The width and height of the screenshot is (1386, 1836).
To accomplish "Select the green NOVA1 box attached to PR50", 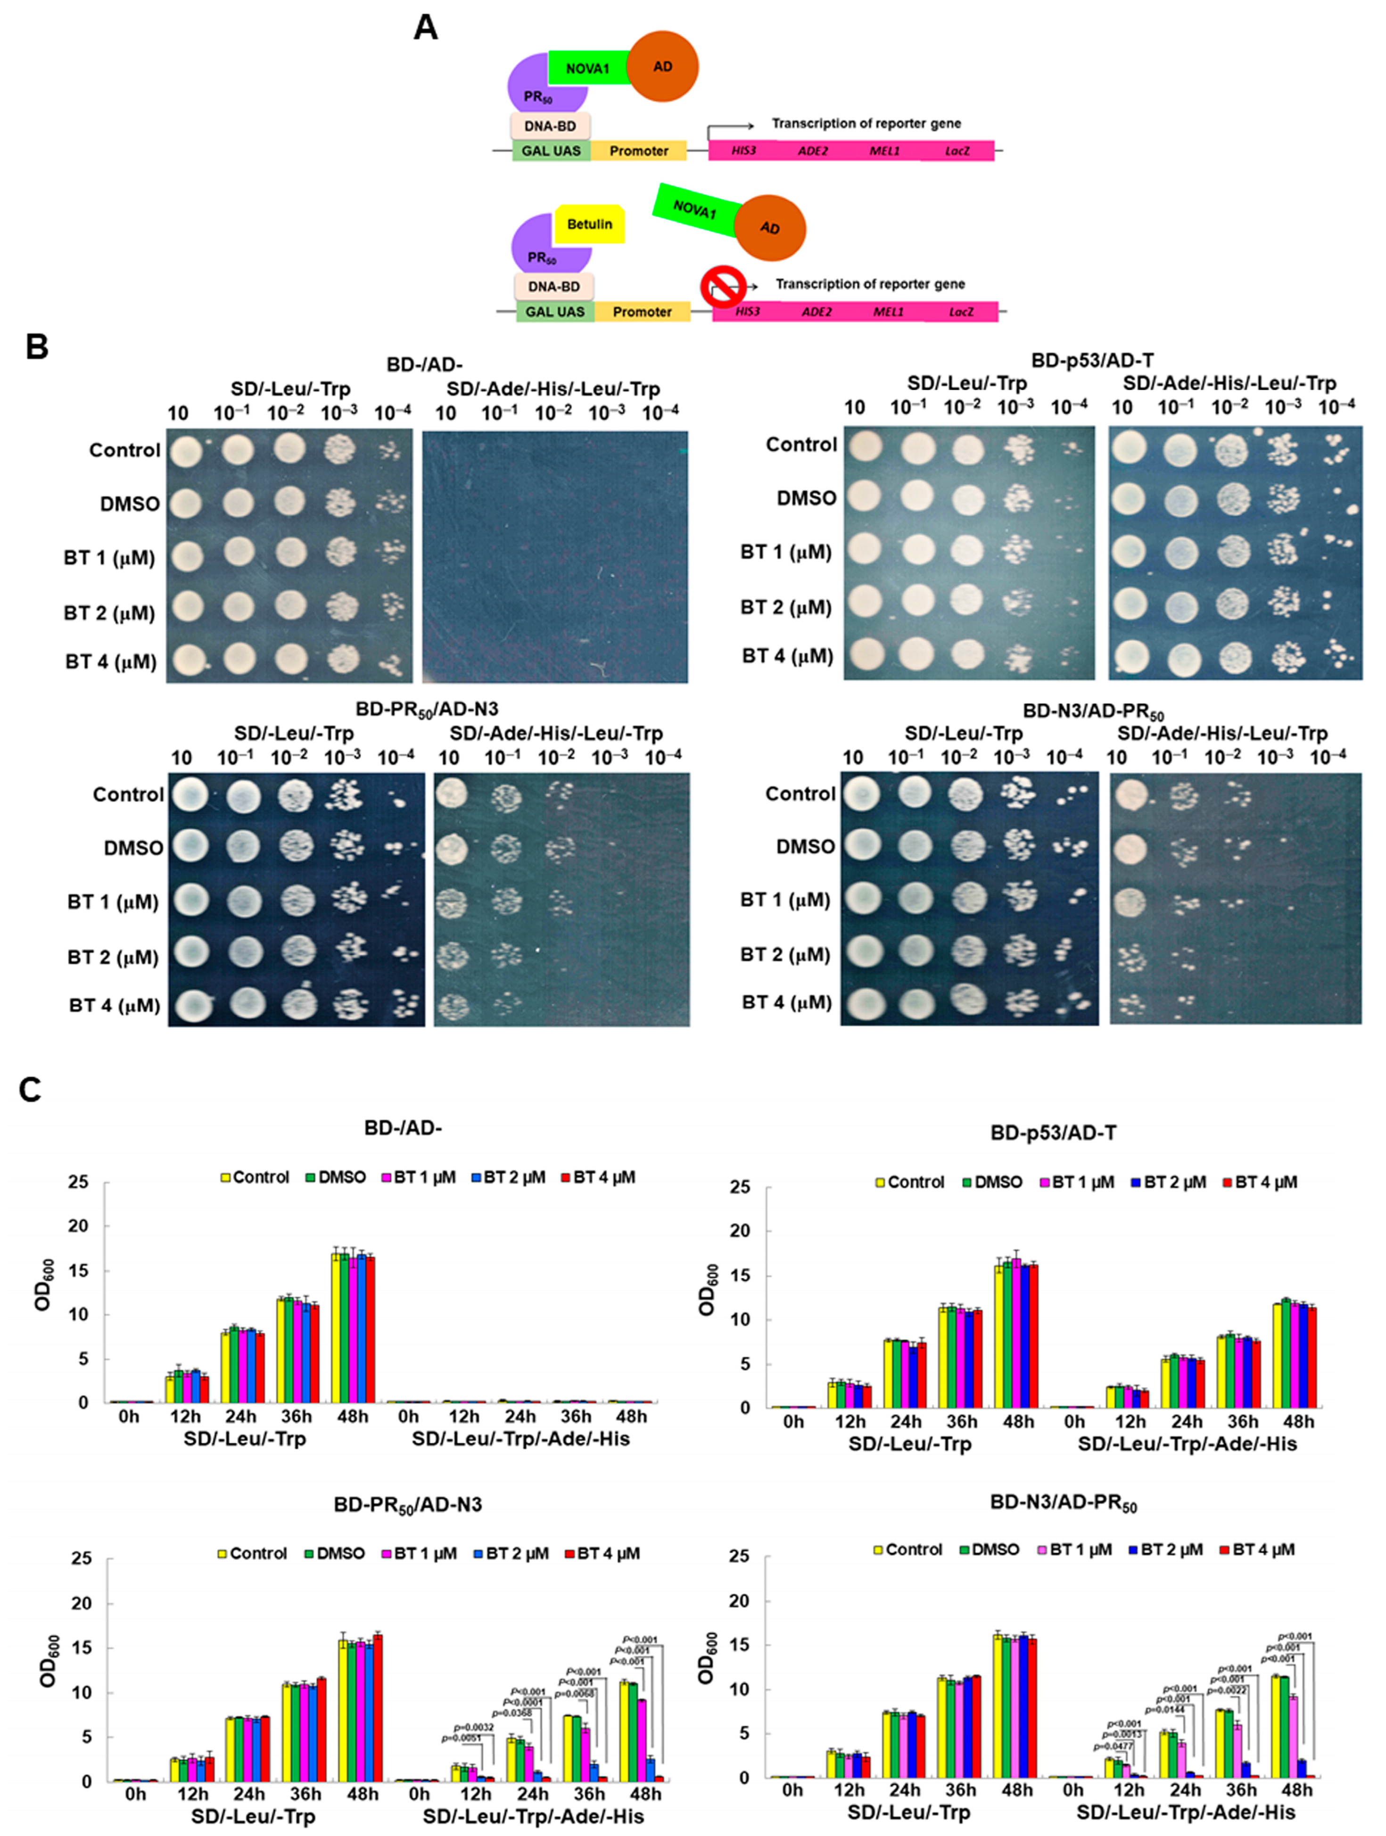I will [587, 68].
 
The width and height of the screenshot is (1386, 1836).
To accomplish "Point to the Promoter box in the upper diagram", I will [638, 151].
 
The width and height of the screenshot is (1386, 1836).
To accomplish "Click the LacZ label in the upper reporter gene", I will [957, 151].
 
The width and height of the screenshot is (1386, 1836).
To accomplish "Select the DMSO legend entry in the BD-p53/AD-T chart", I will [992, 1182].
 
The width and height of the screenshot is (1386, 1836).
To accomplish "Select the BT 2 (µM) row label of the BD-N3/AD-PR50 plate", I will [785, 954].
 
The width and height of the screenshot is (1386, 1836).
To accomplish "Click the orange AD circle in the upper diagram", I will [662, 66].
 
